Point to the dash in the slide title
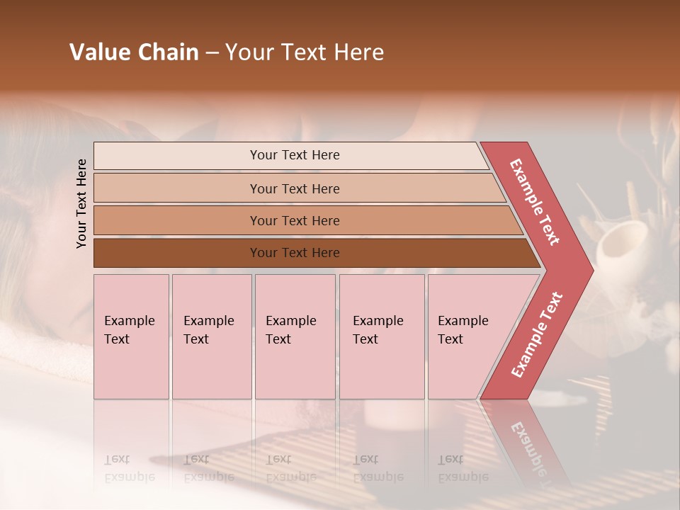(212, 53)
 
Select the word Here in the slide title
(358, 52)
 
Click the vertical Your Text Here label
(81, 203)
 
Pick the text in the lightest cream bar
(295, 155)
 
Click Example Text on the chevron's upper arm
(535, 202)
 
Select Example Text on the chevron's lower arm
(537, 335)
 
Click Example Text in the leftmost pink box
(129, 330)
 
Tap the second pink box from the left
(212, 336)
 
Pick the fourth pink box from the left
(382, 336)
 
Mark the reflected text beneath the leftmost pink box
(129, 468)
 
